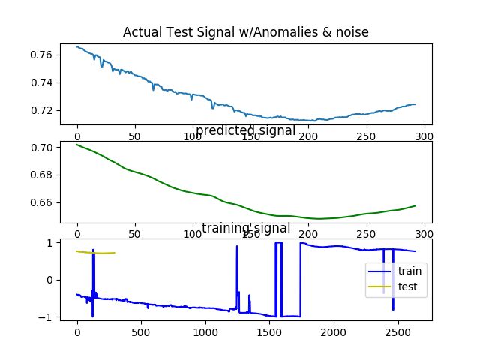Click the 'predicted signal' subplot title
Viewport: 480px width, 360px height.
[244, 131]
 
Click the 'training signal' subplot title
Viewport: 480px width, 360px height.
[244, 228]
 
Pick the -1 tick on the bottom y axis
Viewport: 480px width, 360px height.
[46, 317]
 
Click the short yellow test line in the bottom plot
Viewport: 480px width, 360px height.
[95, 253]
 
